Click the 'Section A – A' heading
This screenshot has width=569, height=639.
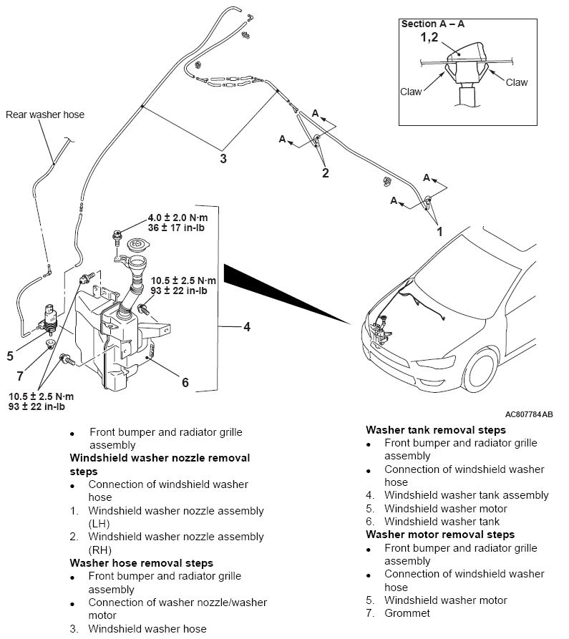[432, 24]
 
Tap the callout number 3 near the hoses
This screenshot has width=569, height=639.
[223, 158]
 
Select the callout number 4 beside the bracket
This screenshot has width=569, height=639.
[246, 327]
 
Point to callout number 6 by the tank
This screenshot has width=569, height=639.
[185, 382]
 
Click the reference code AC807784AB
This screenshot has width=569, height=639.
[529, 414]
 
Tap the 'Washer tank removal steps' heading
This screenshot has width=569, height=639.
[435, 430]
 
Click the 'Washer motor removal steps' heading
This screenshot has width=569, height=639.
[439, 535]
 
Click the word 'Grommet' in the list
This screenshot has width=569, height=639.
[407, 613]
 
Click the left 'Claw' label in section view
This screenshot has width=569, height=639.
[411, 92]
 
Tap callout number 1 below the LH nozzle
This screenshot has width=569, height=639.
[440, 232]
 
